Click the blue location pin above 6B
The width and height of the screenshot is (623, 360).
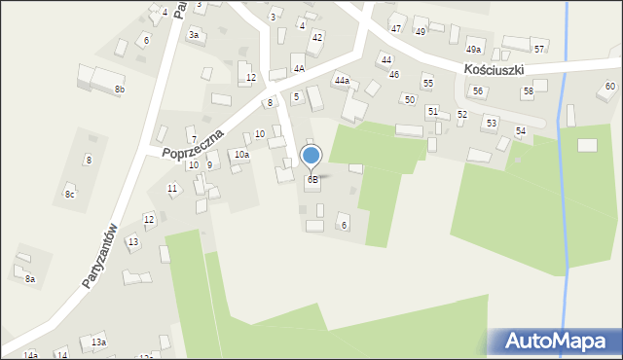click(311, 156)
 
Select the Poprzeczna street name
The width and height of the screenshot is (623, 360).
click(193, 143)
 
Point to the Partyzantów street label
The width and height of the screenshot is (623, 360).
click(100, 256)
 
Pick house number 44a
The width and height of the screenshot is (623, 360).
click(342, 81)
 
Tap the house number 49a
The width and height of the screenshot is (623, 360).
click(473, 50)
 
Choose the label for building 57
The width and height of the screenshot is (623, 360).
click(539, 49)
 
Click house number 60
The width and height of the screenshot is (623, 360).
click(610, 87)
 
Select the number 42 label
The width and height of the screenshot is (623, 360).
click(317, 37)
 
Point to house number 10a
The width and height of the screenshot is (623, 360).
click(241, 155)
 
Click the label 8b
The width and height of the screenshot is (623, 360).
click(120, 90)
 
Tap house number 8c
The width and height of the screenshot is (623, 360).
click(69, 195)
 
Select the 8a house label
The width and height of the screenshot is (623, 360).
click(30, 279)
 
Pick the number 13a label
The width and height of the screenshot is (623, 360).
click(98, 342)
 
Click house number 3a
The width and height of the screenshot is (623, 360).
click(194, 35)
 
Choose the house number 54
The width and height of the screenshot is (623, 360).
click(521, 130)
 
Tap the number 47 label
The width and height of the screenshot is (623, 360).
click(396, 29)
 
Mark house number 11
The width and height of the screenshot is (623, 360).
click(172, 188)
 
